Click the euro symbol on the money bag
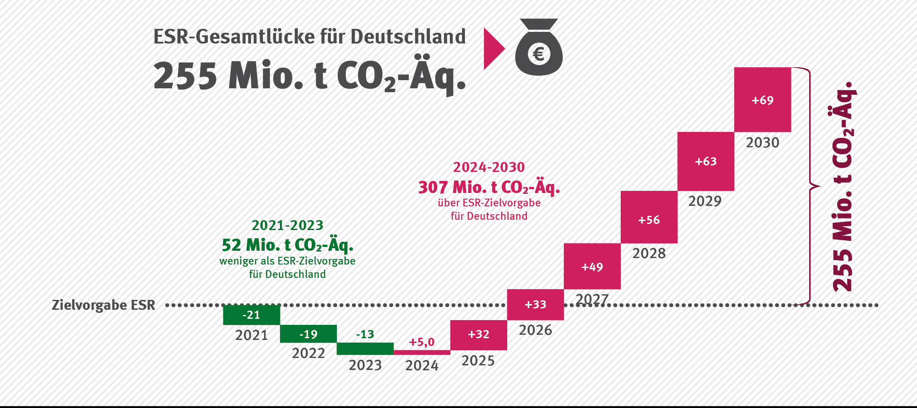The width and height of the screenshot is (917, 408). [539, 54]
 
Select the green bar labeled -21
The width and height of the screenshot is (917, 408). [251, 315]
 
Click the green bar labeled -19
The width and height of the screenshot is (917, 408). [308, 334]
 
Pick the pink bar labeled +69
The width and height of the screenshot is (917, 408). [763, 100]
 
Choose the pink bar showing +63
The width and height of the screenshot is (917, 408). [706, 162]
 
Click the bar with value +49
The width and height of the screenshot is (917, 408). [592, 267]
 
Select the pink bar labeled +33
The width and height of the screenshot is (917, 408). [535, 305]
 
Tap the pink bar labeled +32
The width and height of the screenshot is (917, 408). [478, 335]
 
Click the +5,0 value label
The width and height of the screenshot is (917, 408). [421, 342]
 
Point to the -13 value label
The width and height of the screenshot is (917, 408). [365, 334]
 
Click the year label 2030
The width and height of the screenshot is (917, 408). [763, 143]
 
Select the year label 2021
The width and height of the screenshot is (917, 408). [251, 335]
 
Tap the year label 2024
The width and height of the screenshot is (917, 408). [421, 365]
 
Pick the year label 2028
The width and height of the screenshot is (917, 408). [649, 253]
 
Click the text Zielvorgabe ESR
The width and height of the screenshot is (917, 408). [104, 305]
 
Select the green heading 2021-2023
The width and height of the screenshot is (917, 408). [287, 225]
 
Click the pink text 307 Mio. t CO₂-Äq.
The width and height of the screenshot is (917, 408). [489, 187]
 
